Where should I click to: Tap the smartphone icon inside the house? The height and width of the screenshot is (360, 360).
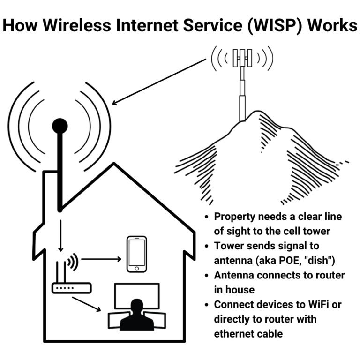(x=137, y=254)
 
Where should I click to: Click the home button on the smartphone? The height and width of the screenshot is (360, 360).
(x=137, y=268)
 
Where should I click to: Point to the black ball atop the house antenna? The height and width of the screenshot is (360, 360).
(x=60, y=126)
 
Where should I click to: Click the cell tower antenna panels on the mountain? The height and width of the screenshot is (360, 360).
(x=242, y=57)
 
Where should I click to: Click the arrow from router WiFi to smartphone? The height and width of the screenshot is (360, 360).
(x=101, y=258)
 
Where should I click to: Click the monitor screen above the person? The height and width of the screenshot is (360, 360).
(x=136, y=293)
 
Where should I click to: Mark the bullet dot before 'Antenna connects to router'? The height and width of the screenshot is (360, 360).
(x=207, y=276)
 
